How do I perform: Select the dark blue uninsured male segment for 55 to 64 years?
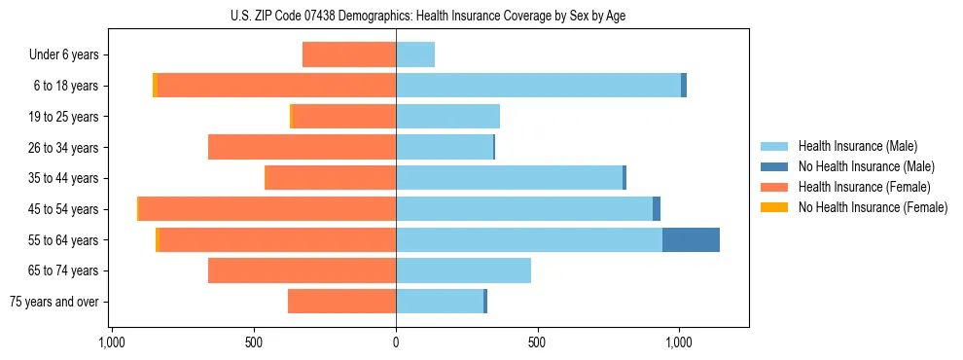[691, 239]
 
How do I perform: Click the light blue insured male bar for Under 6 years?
[415, 54]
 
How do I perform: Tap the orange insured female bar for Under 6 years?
[349, 54]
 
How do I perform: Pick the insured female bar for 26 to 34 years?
[302, 147]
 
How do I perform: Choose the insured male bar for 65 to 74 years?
[463, 270]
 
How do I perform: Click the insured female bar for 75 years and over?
[341, 302]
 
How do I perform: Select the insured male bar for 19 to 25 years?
[447, 117]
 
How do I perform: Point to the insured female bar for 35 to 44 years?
[330, 178]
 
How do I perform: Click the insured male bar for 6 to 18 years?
[538, 86]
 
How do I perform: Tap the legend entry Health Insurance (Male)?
[857, 146]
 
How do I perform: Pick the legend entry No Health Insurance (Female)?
[873, 207]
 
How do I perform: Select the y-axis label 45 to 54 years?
[64, 209]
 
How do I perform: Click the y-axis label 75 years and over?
[53, 302]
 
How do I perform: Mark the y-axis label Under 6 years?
[63, 54]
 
